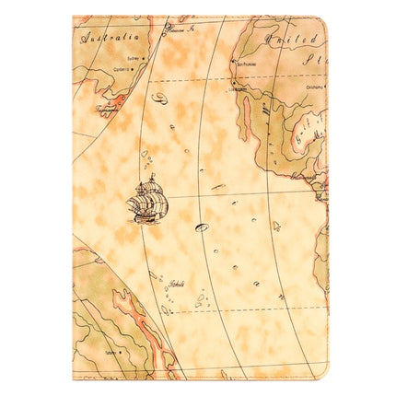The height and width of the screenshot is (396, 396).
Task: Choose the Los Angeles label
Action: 240,89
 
